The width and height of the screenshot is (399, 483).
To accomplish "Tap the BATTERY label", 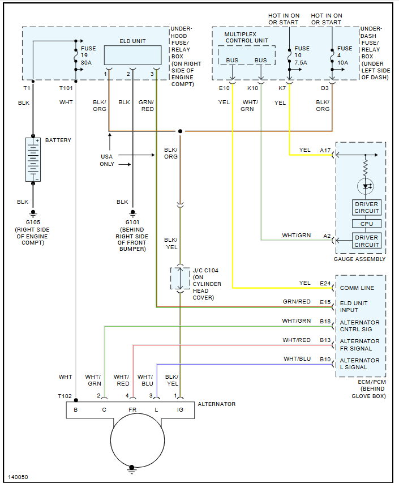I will click(58, 140).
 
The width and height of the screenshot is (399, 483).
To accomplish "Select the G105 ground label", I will click(32, 222).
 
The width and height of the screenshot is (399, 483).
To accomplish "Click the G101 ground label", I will click(132, 222).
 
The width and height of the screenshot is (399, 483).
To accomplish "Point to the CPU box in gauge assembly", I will click(366, 224).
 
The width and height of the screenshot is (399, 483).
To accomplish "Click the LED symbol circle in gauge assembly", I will click(366, 186).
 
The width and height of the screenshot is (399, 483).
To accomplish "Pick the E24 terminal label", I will click(325, 283).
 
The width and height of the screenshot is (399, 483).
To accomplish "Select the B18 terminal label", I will click(325, 321).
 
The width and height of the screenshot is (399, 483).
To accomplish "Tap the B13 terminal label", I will click(325, 340).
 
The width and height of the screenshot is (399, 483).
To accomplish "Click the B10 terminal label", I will click(325, 359).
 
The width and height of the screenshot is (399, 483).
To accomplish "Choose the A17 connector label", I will click(325, 150).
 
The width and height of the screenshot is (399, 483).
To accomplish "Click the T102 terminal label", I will click(65, 396).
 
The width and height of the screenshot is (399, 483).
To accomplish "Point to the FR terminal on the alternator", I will click(132, 408).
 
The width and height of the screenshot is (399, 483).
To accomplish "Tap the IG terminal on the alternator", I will click(180, 408).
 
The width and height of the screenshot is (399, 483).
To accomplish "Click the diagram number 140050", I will click(18, 477).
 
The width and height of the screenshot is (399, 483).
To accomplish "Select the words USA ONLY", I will click(107, 160).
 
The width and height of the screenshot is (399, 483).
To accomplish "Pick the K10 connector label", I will click(252, 88).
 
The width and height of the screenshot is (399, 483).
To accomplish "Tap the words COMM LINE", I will click(357, 288).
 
